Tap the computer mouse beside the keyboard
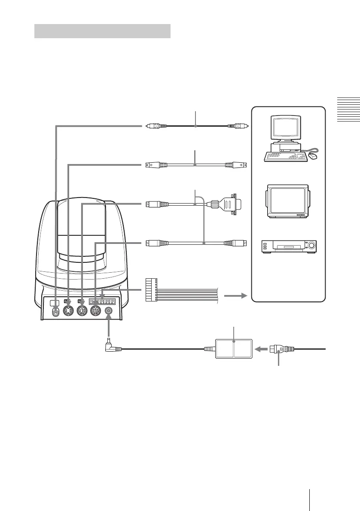314,157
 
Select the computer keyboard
286,157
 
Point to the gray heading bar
102,31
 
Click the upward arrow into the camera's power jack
109,329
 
